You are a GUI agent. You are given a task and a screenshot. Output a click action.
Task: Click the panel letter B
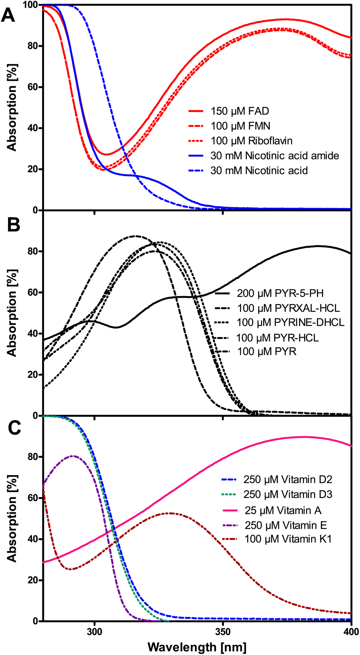[13, 225]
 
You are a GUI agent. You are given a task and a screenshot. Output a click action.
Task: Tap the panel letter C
[13, 428]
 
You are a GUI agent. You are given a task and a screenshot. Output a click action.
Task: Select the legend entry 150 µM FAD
[240, 111]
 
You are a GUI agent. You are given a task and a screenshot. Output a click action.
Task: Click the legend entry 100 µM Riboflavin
[251, 141]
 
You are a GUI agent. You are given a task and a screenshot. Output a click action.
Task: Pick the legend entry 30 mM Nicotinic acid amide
[274, 156]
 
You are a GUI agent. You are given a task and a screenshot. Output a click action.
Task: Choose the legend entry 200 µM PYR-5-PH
[280, 293]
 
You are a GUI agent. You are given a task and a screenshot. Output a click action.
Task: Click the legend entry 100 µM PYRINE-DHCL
[290, 322]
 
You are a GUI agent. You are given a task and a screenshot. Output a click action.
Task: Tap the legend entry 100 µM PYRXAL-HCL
[288, 308]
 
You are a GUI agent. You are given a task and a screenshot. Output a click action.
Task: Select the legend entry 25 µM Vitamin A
[282, 510]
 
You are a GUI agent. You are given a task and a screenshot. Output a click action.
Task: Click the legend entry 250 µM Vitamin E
[286, 525]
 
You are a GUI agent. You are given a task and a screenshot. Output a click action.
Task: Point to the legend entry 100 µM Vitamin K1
[288, 539]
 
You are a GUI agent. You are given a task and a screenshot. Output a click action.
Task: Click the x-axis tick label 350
[223, 631]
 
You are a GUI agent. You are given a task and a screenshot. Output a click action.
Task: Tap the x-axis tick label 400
[351, 631]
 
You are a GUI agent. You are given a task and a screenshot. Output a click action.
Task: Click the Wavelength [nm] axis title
[197, 647]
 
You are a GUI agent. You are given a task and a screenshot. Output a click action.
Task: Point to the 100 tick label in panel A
[30, 5]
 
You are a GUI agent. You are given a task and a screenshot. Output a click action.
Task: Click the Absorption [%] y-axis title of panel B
[12, 313]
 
